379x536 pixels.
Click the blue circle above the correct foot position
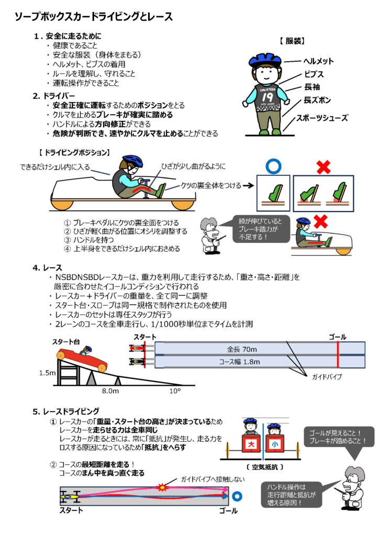pos(271,166)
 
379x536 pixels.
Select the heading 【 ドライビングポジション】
pos(74,153)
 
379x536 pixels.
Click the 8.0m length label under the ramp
pos(110,390)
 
